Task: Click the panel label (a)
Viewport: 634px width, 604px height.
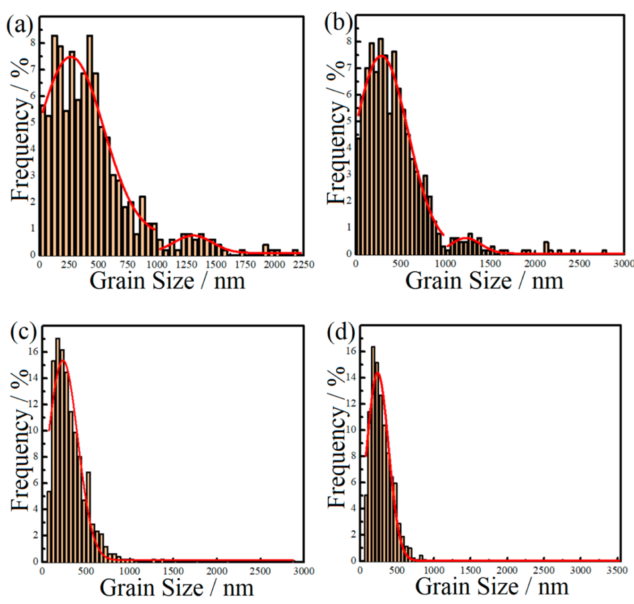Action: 20,25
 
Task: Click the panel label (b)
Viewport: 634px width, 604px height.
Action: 338,23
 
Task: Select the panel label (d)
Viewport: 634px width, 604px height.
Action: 341,332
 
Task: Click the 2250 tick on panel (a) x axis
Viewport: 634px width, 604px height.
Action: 303,265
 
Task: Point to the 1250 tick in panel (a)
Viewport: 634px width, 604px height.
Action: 186,265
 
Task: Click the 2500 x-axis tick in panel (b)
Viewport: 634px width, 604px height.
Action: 579,264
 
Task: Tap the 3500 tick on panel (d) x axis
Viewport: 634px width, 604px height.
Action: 617,570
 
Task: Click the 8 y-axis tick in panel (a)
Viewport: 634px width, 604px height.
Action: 33,43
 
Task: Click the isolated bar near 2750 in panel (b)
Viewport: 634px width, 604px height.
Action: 604,252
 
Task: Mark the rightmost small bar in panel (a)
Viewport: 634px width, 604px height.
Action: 295,252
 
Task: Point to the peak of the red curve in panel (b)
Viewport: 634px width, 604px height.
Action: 381,56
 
